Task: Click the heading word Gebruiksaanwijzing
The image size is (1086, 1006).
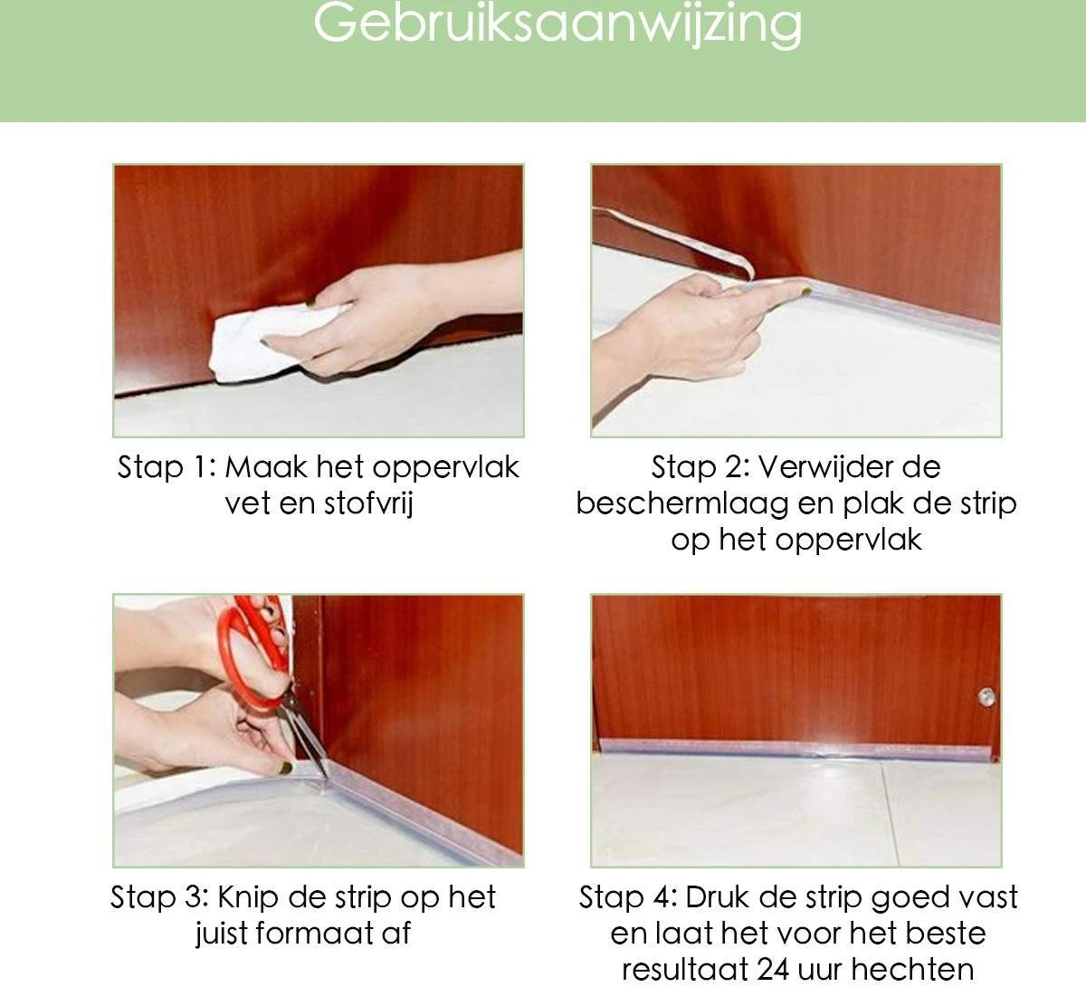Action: click(557, 24)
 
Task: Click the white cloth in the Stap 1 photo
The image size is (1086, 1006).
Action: click(271, 340)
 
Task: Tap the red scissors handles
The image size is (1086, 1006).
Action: click(253, 653)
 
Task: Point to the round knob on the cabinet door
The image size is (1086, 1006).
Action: click(986, 696)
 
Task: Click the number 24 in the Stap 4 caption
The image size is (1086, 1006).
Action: click(773, 970)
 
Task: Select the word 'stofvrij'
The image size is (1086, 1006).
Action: click(368, 503)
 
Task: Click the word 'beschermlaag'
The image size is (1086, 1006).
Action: click(682, 503)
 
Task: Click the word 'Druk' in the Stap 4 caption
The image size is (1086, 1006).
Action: click(714, 897)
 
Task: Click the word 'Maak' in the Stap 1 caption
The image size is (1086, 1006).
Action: click(266, 467)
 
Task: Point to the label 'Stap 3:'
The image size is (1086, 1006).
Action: click(159, 898)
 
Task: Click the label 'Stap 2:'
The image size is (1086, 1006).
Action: click(700, 468)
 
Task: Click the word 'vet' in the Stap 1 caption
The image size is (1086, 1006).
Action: click(247, 504)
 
